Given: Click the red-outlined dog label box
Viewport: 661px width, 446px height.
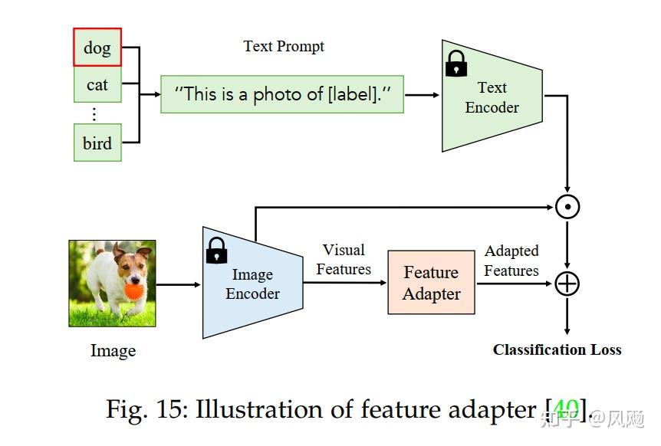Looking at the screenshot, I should tap(97, 48).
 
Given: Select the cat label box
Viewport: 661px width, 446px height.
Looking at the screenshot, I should tap(97, 84).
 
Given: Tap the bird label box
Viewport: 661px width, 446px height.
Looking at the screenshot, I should tap(97, 143).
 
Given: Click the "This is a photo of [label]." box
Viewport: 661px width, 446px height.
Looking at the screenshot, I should tap(281, 94).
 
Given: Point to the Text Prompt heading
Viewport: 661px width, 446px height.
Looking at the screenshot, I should tap(284, 46).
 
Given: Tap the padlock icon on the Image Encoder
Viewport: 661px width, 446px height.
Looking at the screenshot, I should tap(217, 250).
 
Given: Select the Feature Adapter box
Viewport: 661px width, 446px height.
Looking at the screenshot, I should tap(432, 283).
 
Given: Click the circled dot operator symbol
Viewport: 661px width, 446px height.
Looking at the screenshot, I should tap(567, 207).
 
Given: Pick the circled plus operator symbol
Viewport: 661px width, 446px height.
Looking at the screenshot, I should tap(567, 284).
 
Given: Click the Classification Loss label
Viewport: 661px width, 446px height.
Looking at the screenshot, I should tap(557, 349).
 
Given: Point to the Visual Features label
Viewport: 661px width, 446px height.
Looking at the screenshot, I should tap(344, 260).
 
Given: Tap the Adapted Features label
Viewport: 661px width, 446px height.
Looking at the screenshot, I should tap(511, 261).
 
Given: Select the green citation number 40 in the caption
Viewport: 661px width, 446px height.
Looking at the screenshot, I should tap(566, 408).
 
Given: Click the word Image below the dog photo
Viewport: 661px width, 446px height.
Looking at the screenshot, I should tap(113, 351).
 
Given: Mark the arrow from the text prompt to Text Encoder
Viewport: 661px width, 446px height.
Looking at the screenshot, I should tap(423, 94).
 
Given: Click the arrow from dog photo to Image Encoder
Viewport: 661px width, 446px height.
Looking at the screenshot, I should tap(179, 284).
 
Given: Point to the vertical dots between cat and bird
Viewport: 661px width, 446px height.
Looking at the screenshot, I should tap(94, 114).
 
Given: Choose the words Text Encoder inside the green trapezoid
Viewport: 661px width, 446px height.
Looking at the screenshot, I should tap(492, 97).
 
